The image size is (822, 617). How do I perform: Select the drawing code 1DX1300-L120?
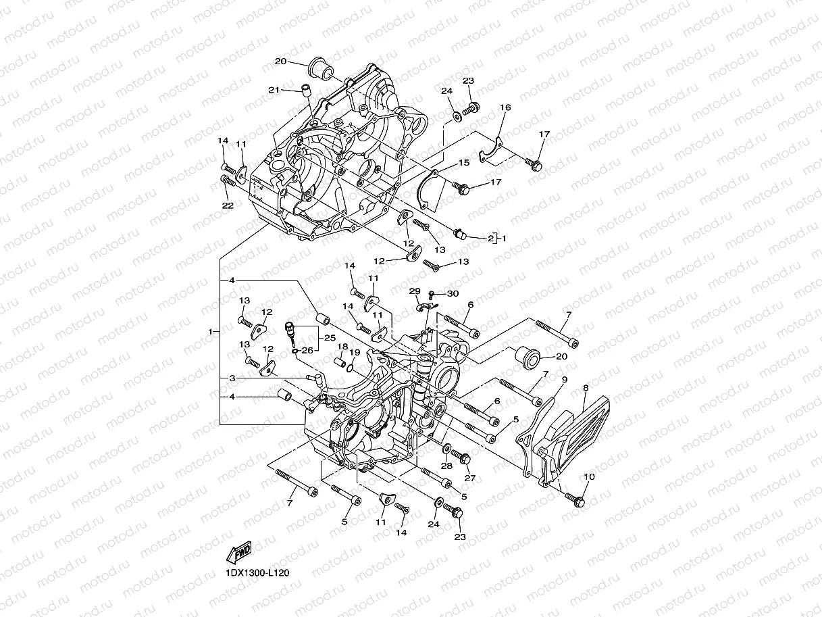(x=257, y=573)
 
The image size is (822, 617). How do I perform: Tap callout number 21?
(x=274, y=90)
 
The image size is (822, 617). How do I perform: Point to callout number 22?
(x=228, y=205)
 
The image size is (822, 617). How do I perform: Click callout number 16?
(x=505, y=108)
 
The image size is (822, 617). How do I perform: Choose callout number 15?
(x=482, y=163)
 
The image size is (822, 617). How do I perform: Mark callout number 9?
(x=564, y=380)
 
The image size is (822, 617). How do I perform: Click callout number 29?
(x=415, y=291)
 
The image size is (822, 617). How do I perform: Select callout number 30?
(x=452, y=293)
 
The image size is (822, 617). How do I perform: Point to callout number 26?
(x=307, y=350)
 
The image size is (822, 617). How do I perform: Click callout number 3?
(x=231, y=378)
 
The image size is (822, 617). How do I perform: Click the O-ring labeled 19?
(x=350, y=367)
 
